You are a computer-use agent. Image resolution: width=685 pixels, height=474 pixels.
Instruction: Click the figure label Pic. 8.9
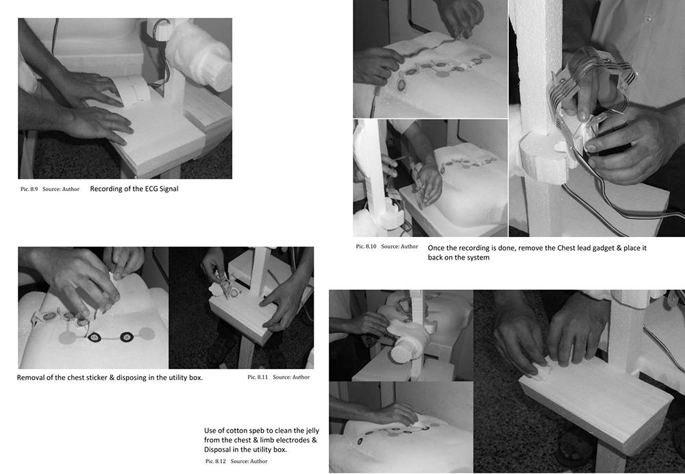29,189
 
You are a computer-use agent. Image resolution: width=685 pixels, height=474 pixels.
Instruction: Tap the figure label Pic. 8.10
366,247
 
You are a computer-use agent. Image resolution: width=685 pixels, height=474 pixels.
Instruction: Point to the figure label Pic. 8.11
258,377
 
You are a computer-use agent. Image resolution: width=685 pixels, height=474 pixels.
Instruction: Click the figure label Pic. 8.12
216,461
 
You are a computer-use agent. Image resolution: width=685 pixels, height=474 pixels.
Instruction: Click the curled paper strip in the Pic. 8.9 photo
131,90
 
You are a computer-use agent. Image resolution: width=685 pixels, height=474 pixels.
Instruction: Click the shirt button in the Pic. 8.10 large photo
649,18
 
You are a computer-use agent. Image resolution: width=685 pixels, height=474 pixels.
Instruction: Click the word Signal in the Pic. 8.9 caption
168,189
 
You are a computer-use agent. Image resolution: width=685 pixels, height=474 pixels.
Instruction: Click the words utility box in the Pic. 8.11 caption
186,377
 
